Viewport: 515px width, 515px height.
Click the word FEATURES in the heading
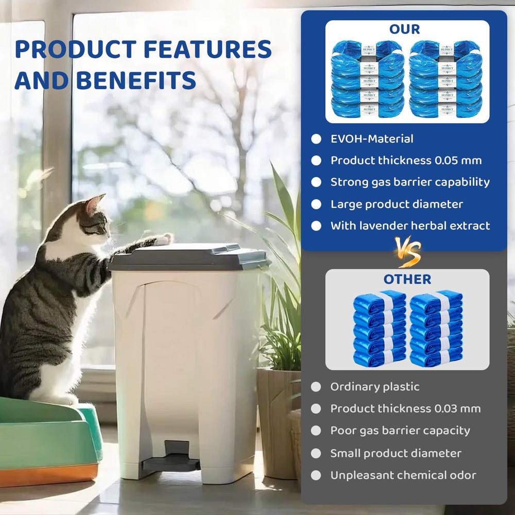pyautogui.click(x=207, y=49)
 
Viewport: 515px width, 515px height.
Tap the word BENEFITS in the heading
pyautogui.click(x=136, y=80)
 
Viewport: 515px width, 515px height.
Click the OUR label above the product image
pyautogui.click(x=405, y=29)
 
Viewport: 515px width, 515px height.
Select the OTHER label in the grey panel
pyautogui.click(x=407, y=279)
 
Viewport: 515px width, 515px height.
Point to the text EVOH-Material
pyautogui.click(x=372, y=139)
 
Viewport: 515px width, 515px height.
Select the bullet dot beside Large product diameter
pyautogui.click(x=316, y=204)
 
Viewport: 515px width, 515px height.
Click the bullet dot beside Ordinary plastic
pyautogui.click(x=316, y=387)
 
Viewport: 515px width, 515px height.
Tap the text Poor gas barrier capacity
pyautogui.click(x=400, y=431)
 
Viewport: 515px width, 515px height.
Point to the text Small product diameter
pyautogui.click(x=396, y=453)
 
